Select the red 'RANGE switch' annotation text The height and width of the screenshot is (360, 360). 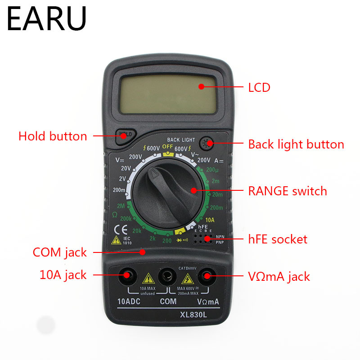(287, 191)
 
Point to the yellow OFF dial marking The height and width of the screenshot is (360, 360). (167, 147)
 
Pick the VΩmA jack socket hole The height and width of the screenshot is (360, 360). (207, 275)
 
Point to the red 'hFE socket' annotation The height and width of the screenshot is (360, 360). (278, 239)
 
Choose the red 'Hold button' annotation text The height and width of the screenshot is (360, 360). (53, 136)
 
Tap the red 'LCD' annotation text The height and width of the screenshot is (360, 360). (259, 87)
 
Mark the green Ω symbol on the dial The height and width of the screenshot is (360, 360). (115, 214)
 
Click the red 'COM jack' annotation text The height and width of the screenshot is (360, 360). (60, 252)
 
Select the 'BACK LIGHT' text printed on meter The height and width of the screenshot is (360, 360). (181, 140)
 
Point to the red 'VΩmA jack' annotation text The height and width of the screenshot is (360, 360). (279, 276)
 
